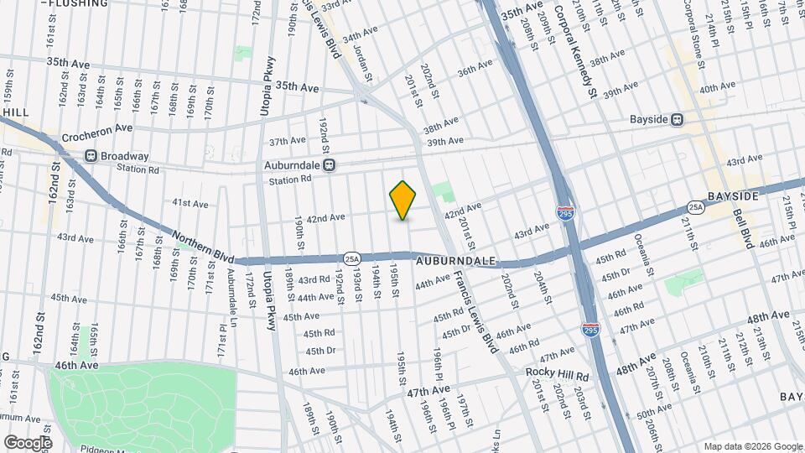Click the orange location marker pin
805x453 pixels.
[x=403, y=200]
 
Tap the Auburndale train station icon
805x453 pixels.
[x=330, y=165]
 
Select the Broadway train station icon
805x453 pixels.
[x=91, y=155]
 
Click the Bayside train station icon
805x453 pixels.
[x=677, y=119]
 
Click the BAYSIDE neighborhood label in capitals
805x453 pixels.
[x=732, y=195]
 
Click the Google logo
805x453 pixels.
[x=27, y=442]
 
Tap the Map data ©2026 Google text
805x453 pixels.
[x=752, y=445]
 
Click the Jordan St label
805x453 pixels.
[x=363, y=61]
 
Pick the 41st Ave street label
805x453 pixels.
[x=190, y=203]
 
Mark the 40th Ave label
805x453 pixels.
[x=717, y=88]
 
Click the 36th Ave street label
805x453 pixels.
[x=475, y=71]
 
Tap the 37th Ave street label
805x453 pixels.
[x=288, y=140]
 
